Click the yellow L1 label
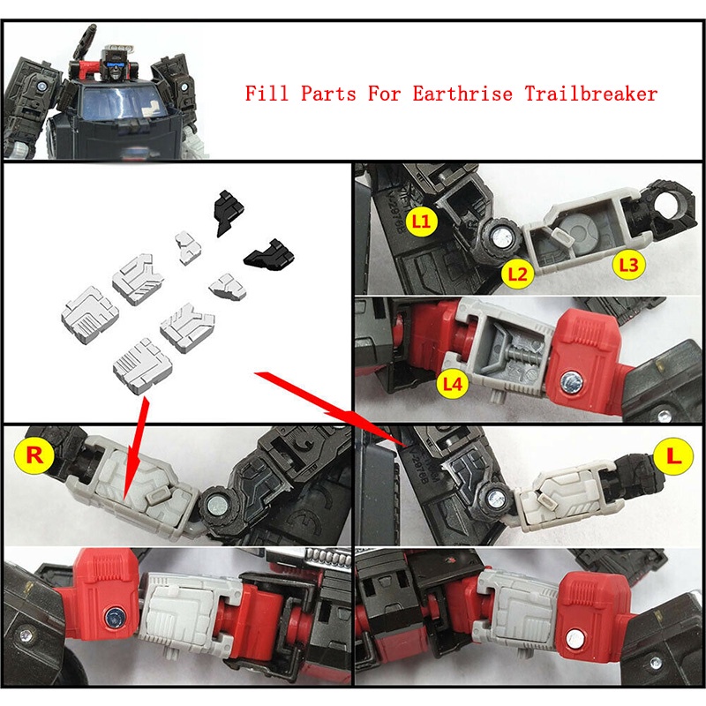coord(422,221)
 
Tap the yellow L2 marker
coord(517,274)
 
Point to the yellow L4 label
coord(453,384)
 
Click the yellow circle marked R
coord(34,454)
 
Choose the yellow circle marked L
coord(672,456)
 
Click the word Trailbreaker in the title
coord(591,94)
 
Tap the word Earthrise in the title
coord(462,94)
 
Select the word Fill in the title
coord(267,94)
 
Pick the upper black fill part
coord(228,213)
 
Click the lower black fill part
coord(270,256)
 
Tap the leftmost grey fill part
coord(90,315)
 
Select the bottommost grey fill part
coord(143,366)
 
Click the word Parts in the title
coord(328,94)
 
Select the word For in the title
coord(384,94)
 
